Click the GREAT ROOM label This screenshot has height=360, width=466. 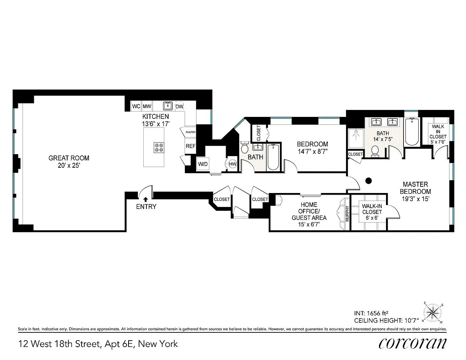tap(69, 158)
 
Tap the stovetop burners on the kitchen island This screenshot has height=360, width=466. tap(159, 148)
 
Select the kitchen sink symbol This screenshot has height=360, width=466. tap(168, 106)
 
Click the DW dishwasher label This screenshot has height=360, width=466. tap(179, 106)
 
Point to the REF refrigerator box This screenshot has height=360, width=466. tap(190, 146)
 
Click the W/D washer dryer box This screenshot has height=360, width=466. tap(203, 164)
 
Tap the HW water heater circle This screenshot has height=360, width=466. tap(233, 164)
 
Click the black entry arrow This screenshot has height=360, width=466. tap(146, 199)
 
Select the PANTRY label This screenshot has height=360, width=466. tap(191, 132)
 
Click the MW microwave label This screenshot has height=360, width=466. tap(147, 106)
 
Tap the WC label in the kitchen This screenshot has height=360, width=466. tap(136, 106)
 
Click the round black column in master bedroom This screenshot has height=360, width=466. tap(369, 181)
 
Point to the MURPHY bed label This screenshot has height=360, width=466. tap(348, 214)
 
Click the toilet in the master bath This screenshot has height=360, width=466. tap(375, 151)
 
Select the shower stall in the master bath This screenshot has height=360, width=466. tap(356, 139)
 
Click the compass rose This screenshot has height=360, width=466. tap(433, 313)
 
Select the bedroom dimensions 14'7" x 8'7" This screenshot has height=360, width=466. tap(313, 151)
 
